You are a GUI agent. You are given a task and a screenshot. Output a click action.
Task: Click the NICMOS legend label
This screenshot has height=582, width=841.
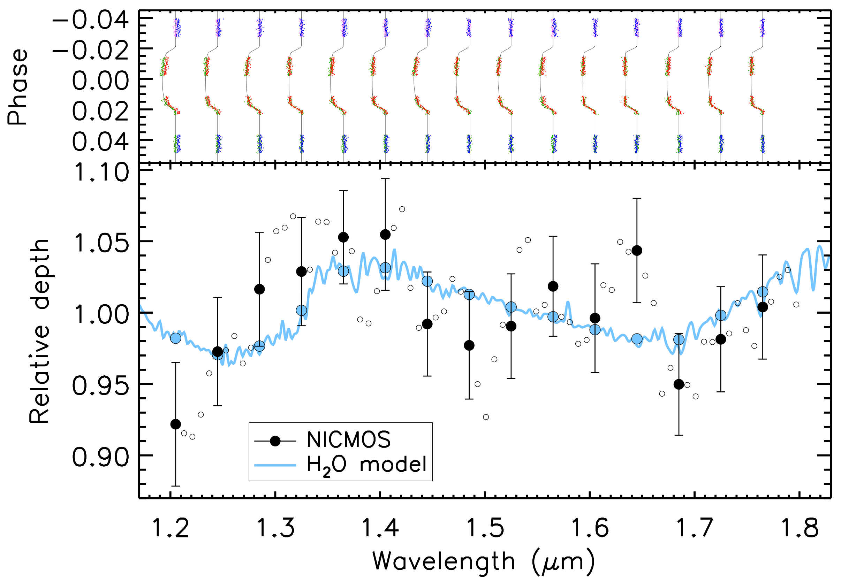point(348,440)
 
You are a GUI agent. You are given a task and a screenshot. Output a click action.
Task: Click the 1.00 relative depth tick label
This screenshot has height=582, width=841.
point(101,315)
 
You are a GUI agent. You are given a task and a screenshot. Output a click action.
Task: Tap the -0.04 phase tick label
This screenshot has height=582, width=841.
point(91,20)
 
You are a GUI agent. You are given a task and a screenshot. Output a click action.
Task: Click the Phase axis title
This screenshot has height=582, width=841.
point(17,87)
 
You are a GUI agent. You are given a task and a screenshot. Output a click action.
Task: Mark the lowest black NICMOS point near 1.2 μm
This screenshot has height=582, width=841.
point(175,424)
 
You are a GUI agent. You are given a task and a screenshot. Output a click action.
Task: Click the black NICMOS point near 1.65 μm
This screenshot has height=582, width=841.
point(637,251)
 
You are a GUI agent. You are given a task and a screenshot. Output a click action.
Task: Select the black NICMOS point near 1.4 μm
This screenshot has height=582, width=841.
point(385,235)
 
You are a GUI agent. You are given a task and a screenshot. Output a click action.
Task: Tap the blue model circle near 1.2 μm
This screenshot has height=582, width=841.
point(175,338)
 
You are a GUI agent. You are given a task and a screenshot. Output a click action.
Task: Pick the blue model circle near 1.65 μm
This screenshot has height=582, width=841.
point(637,339)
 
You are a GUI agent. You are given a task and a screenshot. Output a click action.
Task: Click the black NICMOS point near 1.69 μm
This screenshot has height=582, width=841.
point(679,384)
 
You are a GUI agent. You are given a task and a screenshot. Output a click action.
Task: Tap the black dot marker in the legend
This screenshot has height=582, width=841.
point(275,441)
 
